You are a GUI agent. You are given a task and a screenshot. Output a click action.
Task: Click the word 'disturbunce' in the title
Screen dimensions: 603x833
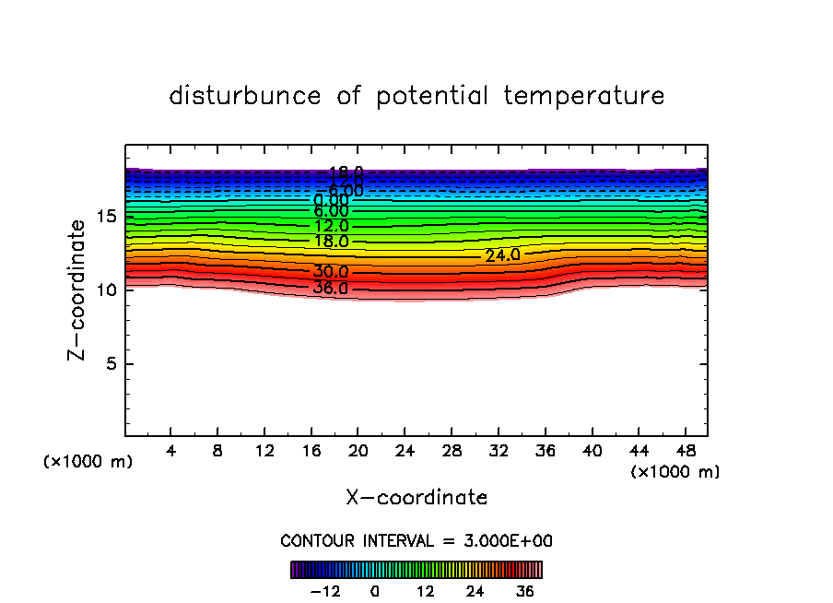(x=245, y=96)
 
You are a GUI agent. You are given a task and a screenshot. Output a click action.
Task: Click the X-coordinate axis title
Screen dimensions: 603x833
(x=416, y=498)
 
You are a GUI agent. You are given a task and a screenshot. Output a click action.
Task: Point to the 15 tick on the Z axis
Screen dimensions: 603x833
(x=105, y=217)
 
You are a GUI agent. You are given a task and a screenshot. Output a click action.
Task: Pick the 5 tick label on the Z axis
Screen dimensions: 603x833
(x=111, y=363)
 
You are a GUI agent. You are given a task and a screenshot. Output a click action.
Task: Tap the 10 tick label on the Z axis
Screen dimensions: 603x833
(x=105, y=290)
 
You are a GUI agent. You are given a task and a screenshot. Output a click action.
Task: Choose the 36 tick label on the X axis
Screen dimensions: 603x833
(x=545, y=453)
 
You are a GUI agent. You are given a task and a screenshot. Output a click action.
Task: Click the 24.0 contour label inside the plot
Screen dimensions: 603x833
(x=503, y=254)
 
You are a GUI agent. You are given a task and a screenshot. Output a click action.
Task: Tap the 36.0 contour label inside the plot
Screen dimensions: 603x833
(x=330, y=288)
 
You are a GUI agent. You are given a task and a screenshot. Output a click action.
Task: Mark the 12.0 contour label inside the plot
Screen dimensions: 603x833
(x=331, y=226)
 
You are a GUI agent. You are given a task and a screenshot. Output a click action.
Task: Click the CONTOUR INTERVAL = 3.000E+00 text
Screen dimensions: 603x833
(x=416, y=540)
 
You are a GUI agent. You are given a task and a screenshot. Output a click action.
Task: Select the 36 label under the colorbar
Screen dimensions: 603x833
(x=525, y=591)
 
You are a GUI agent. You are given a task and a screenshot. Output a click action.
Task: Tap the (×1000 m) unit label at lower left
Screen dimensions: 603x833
(x=88, y=462)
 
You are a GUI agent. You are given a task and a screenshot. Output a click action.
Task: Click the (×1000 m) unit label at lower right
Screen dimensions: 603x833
(x=675, y=472)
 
